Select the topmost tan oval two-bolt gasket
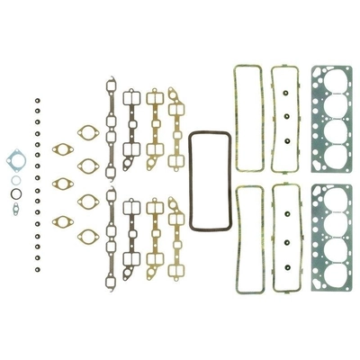[87, 131]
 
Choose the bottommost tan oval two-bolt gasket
[87, 237]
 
